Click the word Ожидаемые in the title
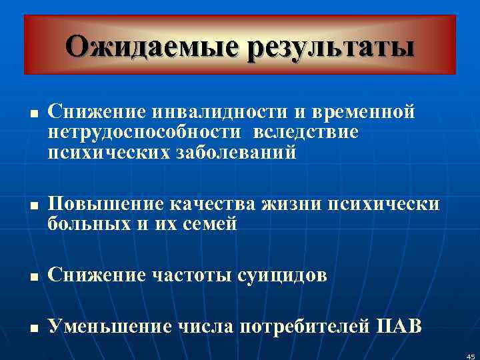click(151, 47)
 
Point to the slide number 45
click(471, 357)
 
